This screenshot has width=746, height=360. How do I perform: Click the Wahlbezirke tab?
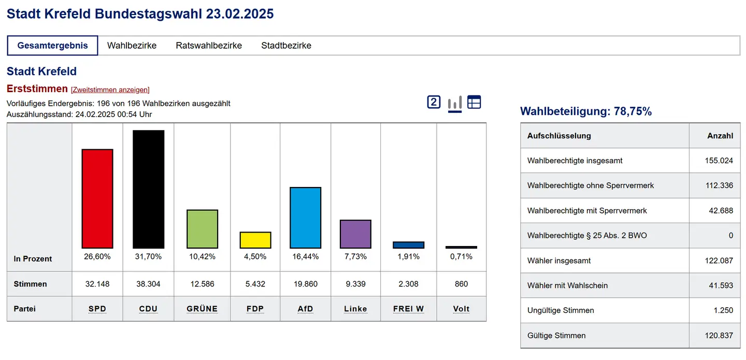coord(132,46)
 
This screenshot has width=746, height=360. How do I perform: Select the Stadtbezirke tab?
coord(286,46)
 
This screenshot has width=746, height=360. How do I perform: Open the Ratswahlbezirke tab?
coord(209,46)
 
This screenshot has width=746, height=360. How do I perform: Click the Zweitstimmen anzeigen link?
coord(110,90)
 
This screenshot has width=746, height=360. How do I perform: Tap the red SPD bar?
coord(97,199)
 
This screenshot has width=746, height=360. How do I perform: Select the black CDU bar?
coord(148,189)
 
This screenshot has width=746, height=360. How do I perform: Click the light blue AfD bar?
coord(305,218)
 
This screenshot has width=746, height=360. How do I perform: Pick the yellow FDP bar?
coord(255,240)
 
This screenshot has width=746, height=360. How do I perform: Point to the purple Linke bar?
coord(355,234)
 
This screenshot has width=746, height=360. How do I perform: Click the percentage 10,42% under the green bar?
coord(202,256)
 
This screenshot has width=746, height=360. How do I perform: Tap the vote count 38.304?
coord(148,284)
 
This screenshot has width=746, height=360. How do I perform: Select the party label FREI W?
coord(408,309)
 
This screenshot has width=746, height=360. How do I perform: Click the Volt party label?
coord(461,309)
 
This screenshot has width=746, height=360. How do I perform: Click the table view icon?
coord(474,102)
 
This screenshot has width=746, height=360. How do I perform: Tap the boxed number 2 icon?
coord(434,102)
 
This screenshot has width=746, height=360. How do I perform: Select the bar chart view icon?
coord(454,103)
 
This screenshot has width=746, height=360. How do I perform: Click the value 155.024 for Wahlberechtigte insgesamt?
coord(719,161)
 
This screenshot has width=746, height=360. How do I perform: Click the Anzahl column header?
coord(720,136)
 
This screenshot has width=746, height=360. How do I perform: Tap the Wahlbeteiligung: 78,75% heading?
coord(585,111)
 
